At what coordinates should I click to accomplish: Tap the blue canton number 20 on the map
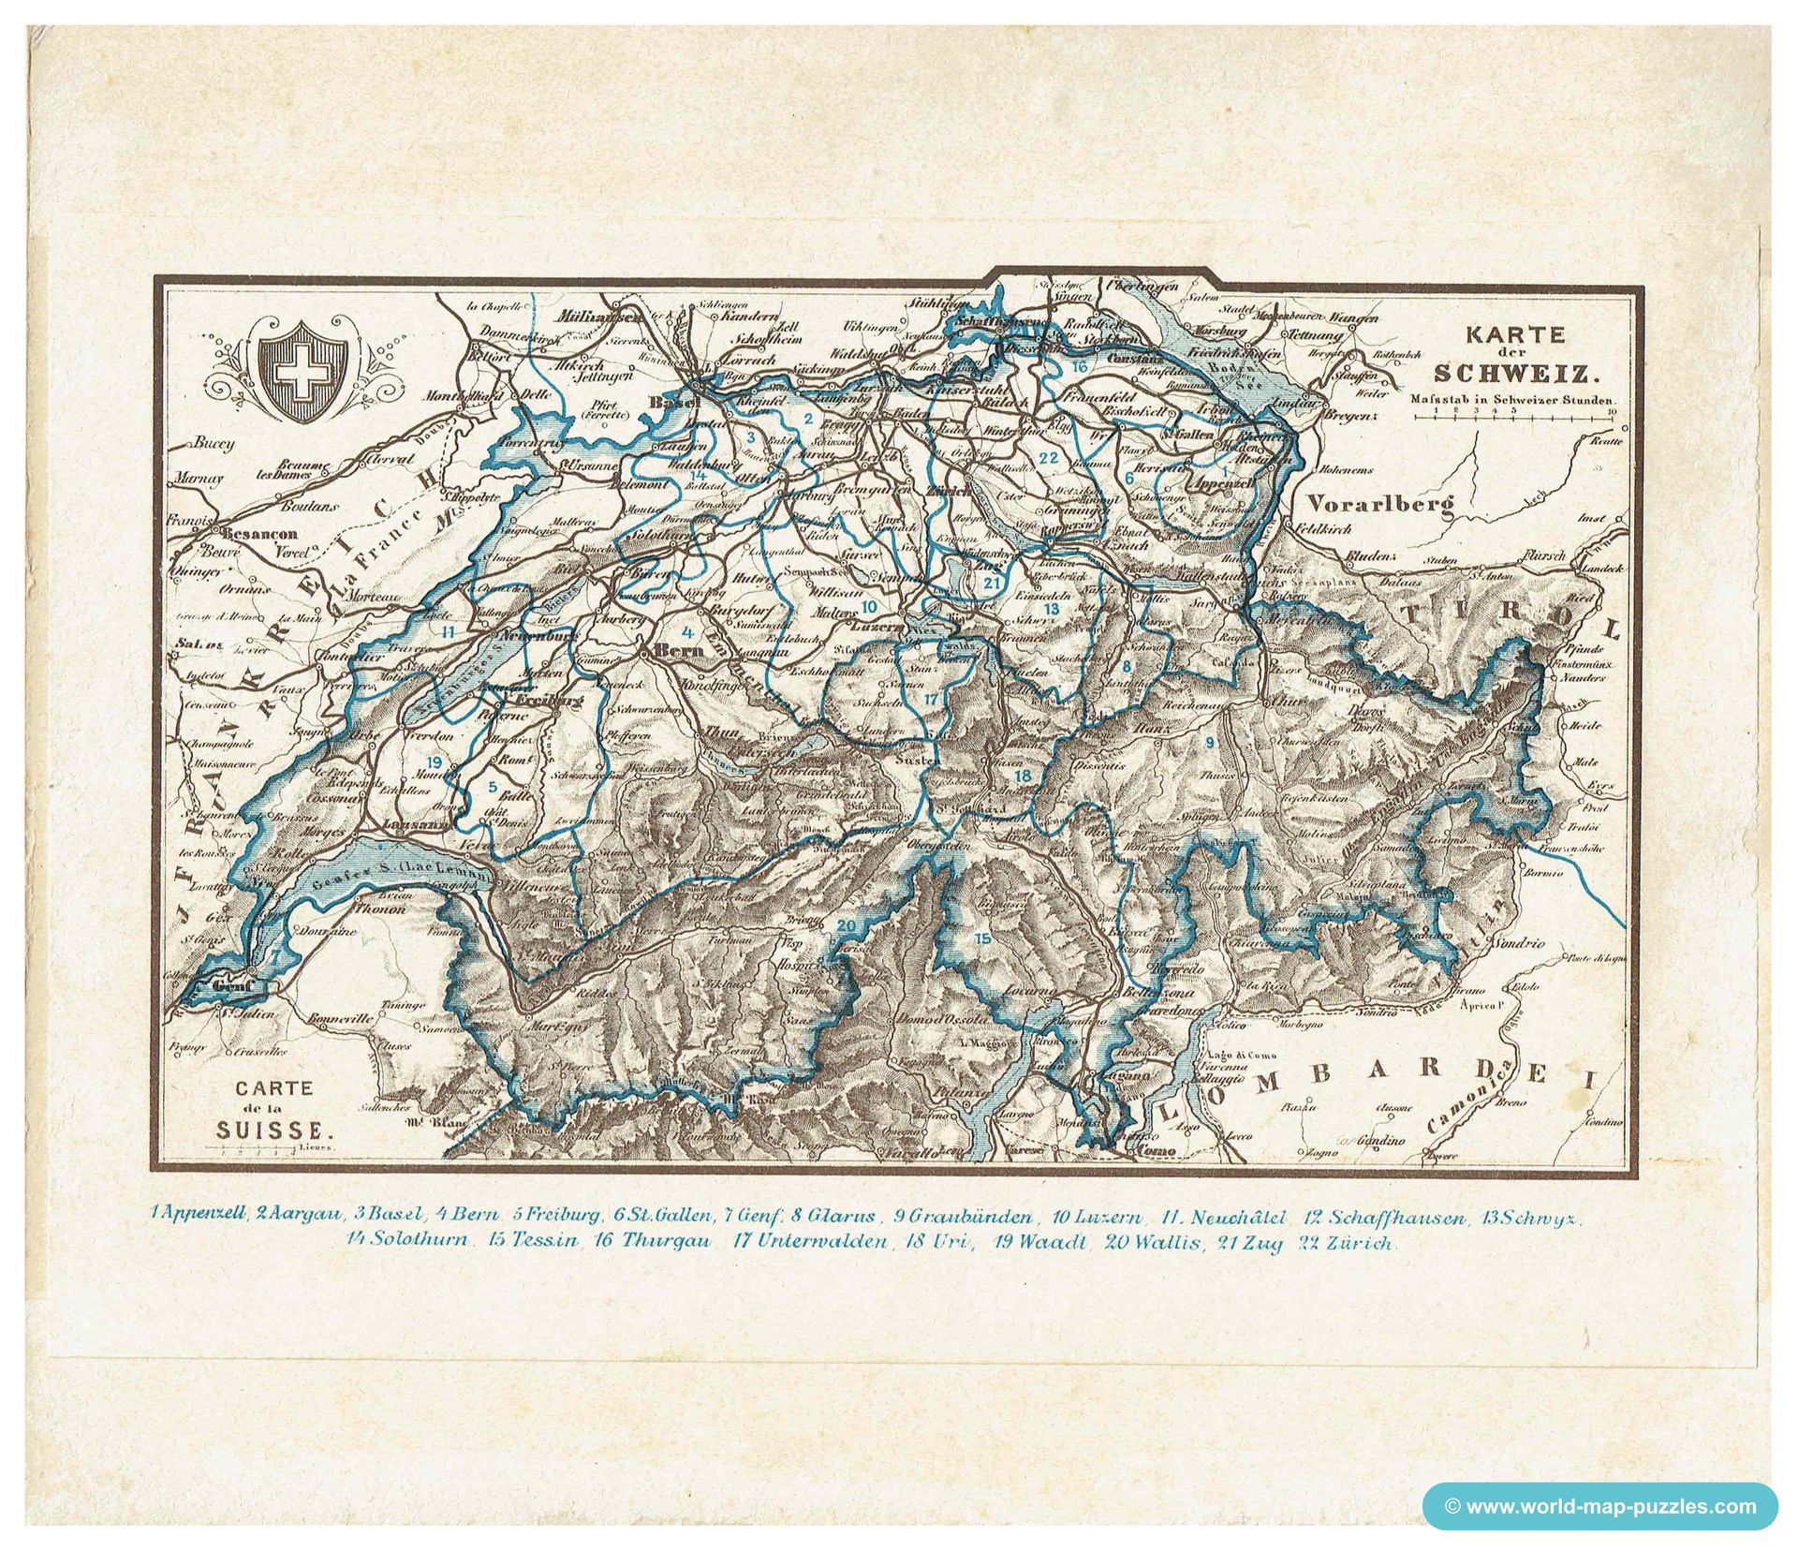(x=847, y=926)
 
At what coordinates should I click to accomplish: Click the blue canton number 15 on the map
(x=981, y=938)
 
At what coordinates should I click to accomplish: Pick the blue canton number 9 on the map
(x=1209, y=742)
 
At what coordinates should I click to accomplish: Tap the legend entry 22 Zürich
(x=1348, y=1245)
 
